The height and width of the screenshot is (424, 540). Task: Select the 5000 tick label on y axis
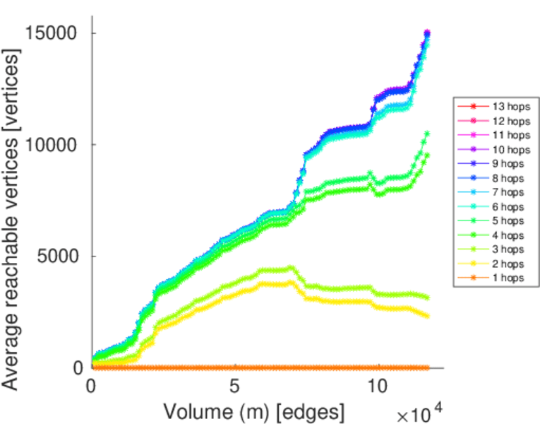(59, 257)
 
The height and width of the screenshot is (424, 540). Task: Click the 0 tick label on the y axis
(79, 367)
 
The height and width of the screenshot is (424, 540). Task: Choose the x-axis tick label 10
(378, 388)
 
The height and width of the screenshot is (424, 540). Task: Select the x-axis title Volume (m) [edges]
(254, 411)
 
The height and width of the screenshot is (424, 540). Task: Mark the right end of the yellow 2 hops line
(426, 315)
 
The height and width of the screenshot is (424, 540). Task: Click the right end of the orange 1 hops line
(426, 367)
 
